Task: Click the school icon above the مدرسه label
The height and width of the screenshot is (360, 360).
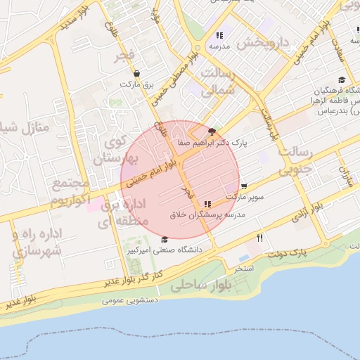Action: coord(219,34)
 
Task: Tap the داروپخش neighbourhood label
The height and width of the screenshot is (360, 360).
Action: coord(263,42)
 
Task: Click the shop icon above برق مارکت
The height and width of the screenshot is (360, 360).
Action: coord(136,73)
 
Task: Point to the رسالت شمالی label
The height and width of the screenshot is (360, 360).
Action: coord(220,82)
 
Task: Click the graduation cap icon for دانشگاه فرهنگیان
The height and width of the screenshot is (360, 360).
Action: coord(342,80)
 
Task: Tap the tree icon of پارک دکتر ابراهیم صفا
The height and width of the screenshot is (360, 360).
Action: coord(212,131)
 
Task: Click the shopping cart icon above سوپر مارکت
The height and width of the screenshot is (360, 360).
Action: coord(243,186)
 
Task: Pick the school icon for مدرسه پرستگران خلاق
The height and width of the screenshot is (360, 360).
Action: coord(207,203)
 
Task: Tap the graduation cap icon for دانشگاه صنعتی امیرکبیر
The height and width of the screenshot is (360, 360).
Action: coord(165,239)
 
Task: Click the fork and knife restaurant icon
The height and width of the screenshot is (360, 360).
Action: coord(260,238)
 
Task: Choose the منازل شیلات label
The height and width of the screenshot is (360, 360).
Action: coord(22,129)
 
